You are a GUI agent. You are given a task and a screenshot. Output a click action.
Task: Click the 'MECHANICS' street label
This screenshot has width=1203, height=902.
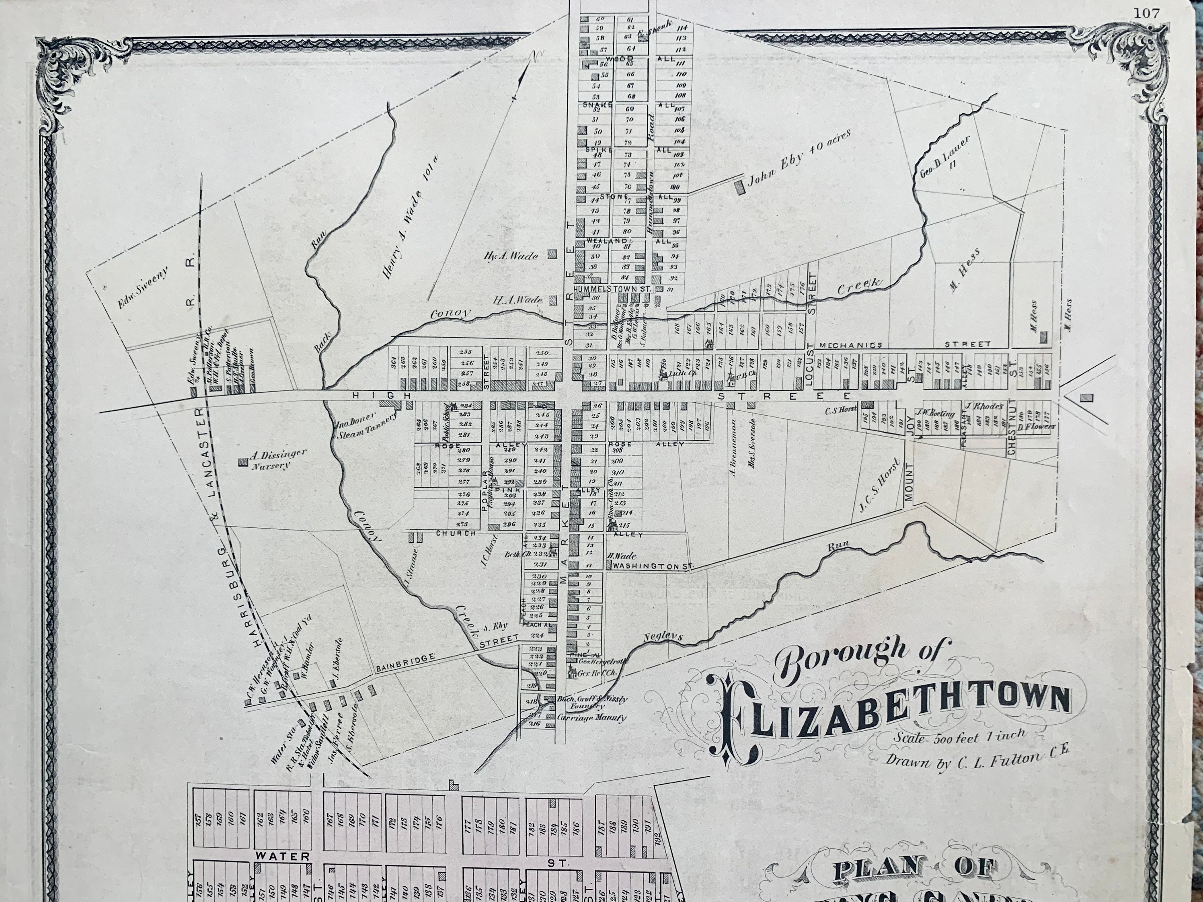[850, 345]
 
